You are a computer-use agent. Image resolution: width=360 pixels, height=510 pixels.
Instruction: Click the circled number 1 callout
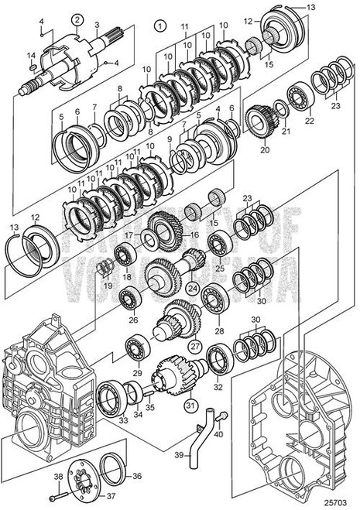(x=160, y=24)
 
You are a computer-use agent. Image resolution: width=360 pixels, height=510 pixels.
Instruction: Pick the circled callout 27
(x=196, y=346)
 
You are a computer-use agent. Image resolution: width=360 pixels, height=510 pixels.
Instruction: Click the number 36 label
(x=138, y=477)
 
